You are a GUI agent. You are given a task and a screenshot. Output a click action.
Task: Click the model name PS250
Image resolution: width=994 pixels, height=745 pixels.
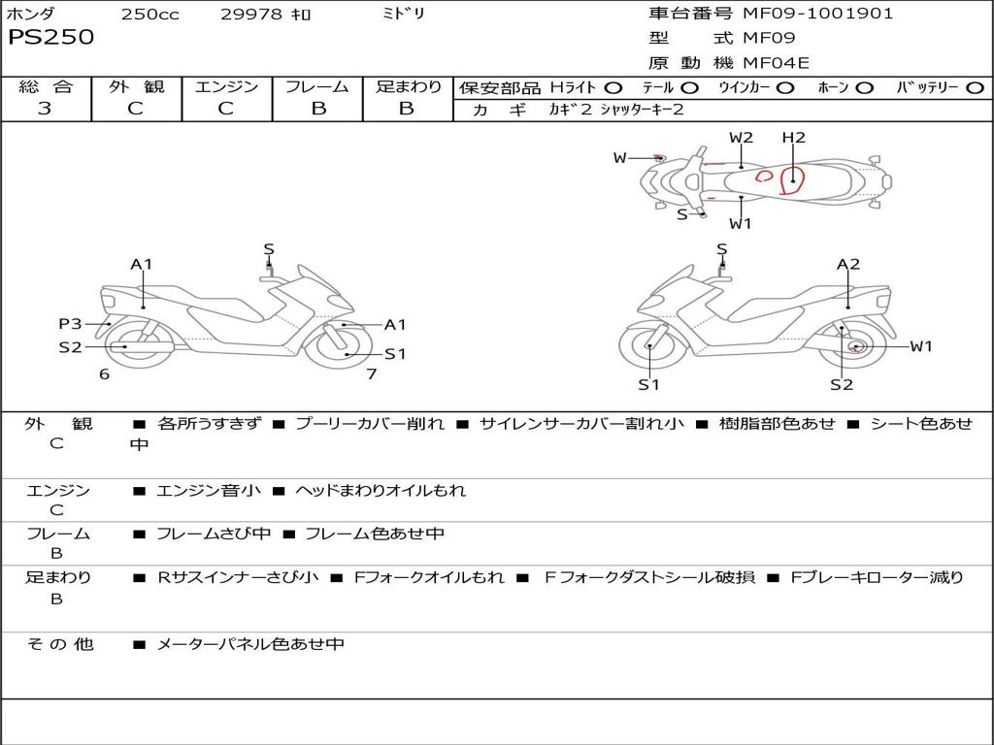[51, 37]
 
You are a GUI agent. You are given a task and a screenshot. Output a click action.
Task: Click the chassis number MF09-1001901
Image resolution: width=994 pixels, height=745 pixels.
[817, 14]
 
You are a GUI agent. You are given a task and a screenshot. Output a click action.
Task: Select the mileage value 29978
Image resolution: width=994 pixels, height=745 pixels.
[252, 14]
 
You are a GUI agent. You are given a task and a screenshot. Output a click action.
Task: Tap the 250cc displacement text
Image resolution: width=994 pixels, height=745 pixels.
[150, 14]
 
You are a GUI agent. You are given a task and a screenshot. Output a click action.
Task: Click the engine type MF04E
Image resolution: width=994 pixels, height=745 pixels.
[776, 64]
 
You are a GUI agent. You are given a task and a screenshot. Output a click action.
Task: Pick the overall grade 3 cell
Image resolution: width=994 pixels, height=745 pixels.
[45, 109]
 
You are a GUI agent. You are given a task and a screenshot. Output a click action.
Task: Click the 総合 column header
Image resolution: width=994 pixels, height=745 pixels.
[45, 86]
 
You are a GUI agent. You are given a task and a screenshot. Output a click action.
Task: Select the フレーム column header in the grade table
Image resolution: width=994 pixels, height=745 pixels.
[316, 86]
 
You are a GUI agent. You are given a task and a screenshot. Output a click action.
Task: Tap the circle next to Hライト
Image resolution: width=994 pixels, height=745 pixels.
[613, 87]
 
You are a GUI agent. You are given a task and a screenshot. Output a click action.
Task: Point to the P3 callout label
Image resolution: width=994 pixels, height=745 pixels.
[70, 324]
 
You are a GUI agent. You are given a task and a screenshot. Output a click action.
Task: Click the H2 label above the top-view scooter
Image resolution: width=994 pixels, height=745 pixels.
[794, 138]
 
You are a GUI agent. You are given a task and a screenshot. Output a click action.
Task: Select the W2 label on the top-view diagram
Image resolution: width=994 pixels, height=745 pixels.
[741, 138]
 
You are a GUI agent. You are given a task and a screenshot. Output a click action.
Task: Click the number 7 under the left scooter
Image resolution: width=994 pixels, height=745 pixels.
[371, 373]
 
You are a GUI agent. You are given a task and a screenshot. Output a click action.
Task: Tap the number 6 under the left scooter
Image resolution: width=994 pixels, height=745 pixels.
[104, 373]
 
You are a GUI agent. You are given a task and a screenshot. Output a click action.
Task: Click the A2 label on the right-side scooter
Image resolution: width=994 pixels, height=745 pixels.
[848, 264]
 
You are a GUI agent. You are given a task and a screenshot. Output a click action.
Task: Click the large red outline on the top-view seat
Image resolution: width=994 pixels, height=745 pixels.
[793, 178]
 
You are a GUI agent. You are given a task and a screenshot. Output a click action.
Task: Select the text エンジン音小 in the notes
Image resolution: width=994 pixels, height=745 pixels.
[209, 491]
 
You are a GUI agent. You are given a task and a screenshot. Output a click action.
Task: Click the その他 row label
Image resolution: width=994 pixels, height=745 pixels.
[59, 644]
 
